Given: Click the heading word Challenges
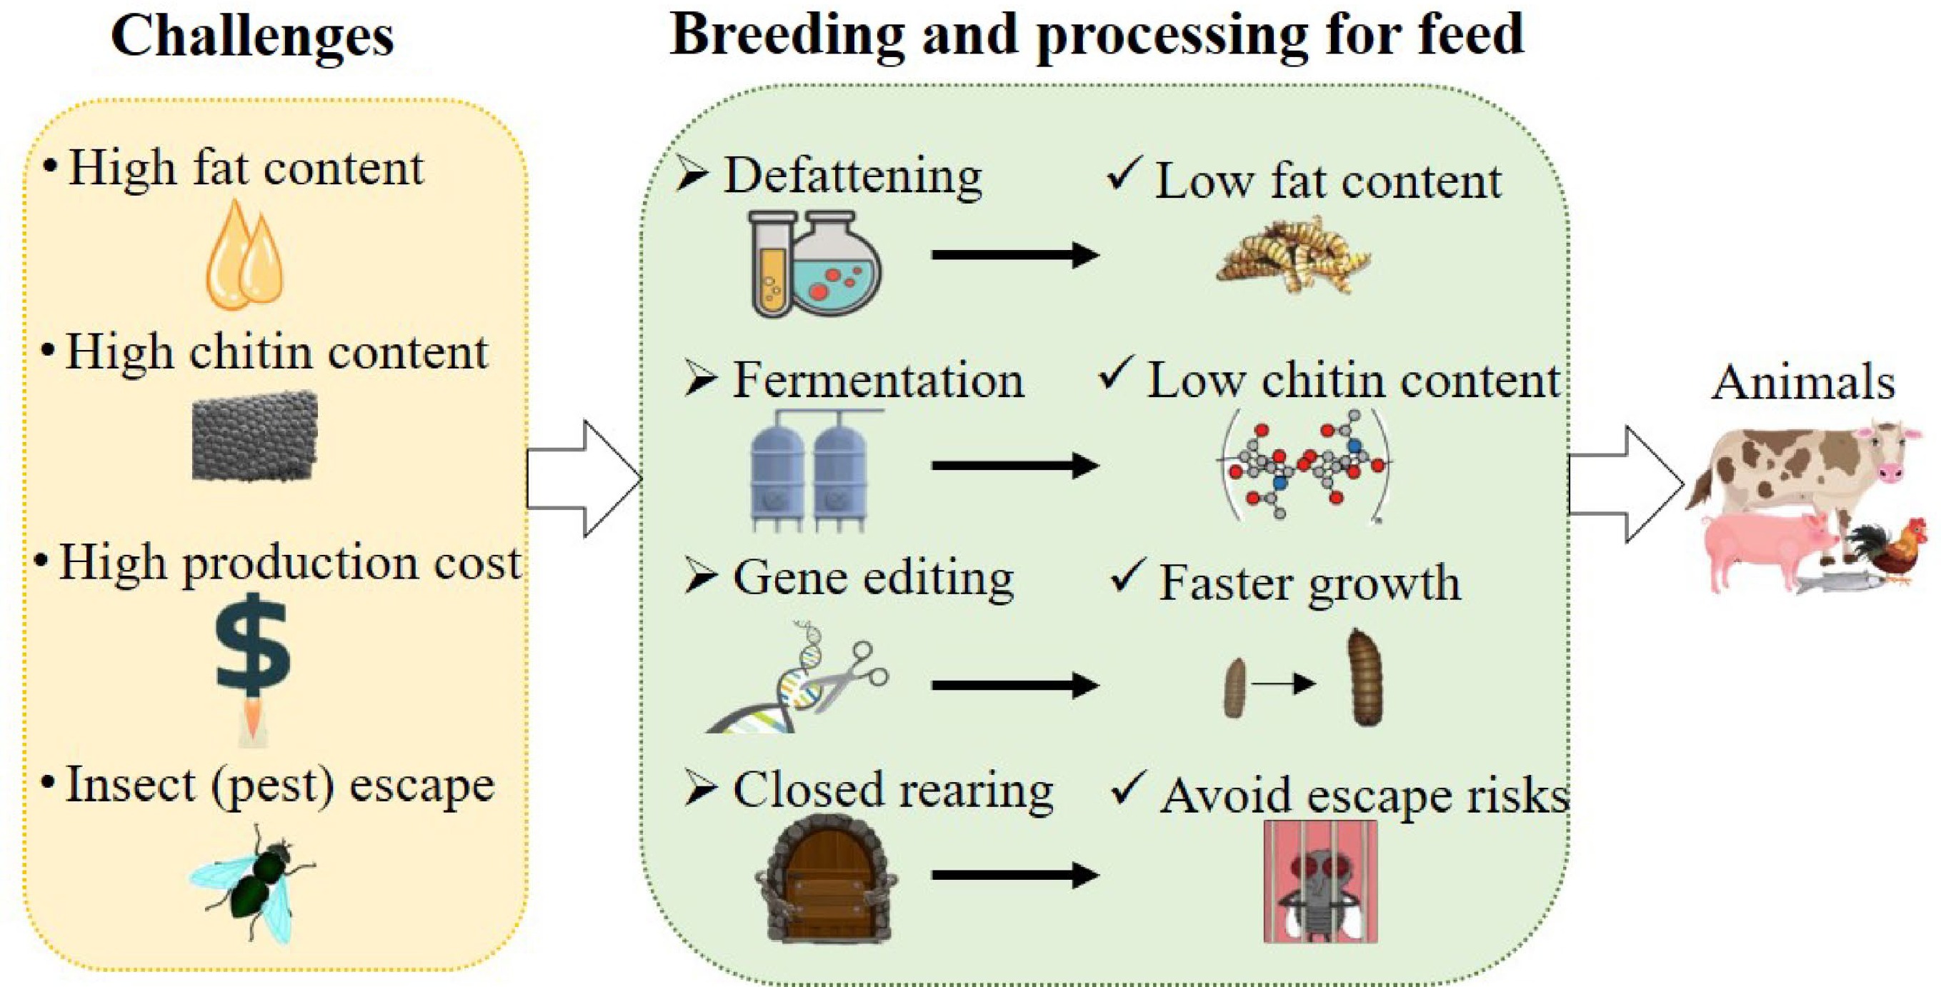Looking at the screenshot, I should [x=252, y=36].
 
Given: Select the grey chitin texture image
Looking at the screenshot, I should [x=255, y=436].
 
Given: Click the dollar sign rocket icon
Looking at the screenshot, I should [x=252, y=663].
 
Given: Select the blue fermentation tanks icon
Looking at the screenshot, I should [x=810, y=471].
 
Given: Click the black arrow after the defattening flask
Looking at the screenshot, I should [x=1014, y=255].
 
